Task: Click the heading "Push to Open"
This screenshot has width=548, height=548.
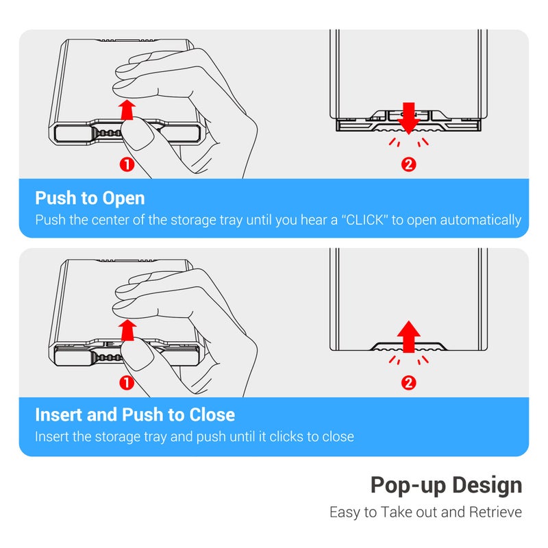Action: pos(90,198)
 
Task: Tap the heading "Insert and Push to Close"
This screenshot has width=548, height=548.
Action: pos(135,415)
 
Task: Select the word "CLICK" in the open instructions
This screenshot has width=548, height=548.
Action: pos(364,220)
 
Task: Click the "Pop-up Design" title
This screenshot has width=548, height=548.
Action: pos(447,486)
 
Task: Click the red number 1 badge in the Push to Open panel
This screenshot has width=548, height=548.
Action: pos(127,164)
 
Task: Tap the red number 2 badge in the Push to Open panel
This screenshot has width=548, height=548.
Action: pos(408,164)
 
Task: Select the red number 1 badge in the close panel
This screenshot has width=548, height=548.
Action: pos(127,383)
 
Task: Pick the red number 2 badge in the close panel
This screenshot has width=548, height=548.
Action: pos(408,383)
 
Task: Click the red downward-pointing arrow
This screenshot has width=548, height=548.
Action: pos(408,118)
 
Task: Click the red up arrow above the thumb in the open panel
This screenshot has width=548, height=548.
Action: pos(127,110)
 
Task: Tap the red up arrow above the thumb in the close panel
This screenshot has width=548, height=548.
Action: pos(127,330)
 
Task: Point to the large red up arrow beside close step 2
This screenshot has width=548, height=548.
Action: pos(408,336)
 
